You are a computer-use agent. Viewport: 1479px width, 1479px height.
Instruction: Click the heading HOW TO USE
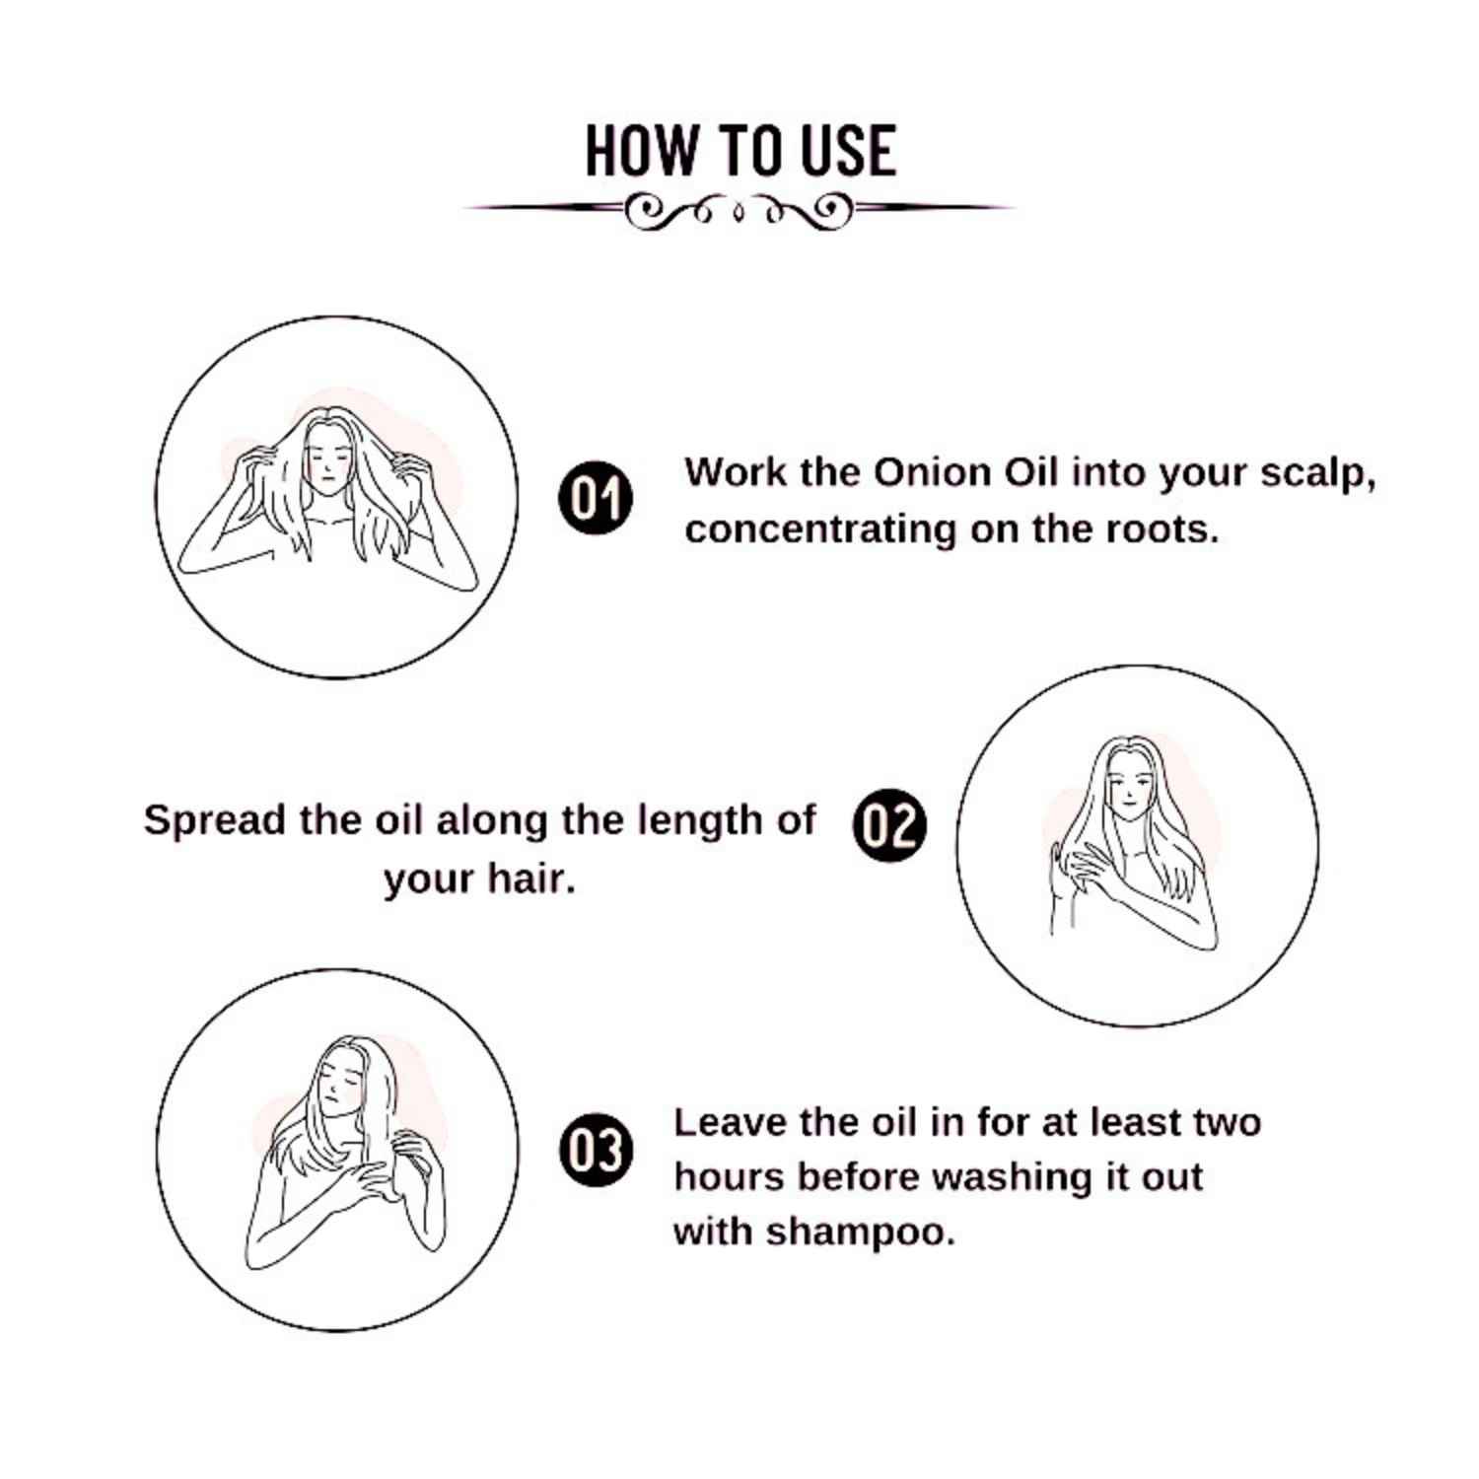[740, 151]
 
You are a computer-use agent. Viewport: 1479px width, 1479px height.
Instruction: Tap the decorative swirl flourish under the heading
[739, 209]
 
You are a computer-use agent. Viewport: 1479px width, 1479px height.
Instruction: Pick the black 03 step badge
[595, 1150]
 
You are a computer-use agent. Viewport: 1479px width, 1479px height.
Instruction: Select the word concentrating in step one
[820, 530]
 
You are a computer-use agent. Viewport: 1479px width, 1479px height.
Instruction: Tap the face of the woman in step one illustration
[328, 460]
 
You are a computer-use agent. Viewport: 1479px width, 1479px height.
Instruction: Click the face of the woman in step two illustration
[1130, 784]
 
